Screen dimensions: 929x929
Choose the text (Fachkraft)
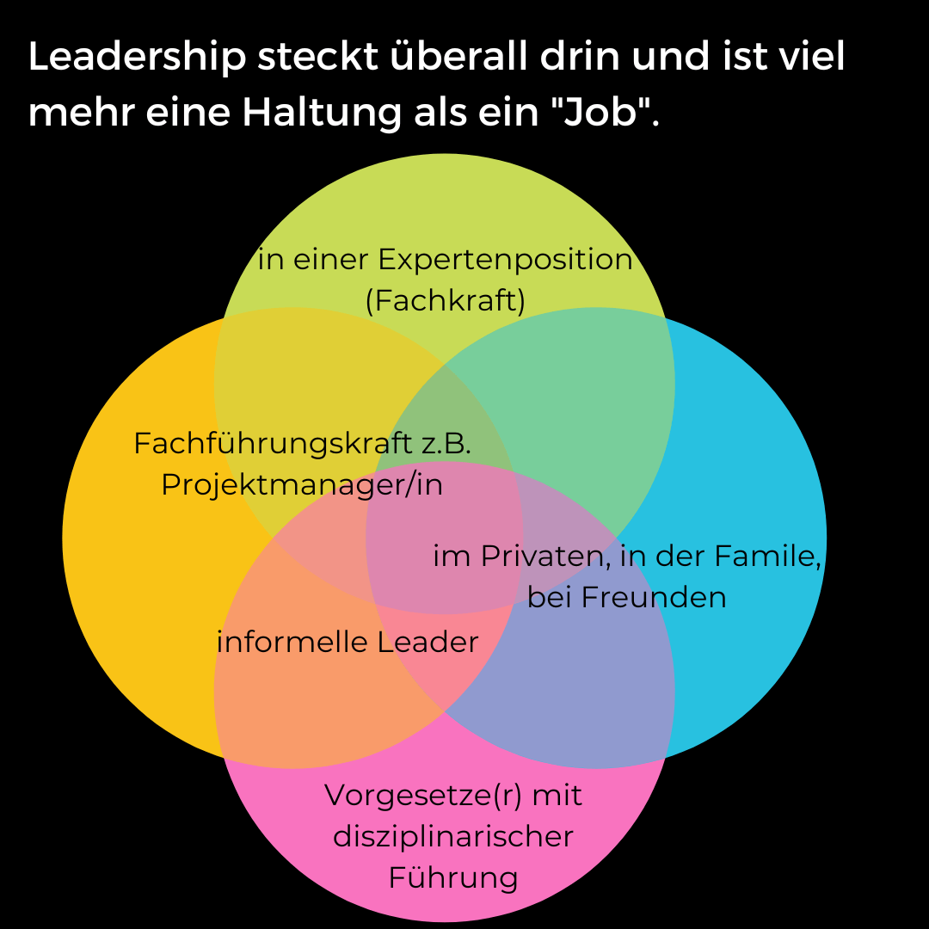point(445,301)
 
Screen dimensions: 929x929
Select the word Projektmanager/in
point(302,485)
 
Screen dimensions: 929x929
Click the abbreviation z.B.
point(446,444)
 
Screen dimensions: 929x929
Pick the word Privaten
point(540,557)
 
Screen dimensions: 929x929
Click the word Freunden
point(654,597)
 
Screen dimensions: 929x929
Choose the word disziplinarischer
point(453,836)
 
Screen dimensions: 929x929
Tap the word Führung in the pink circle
point(453,878)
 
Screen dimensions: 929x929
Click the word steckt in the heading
point(303,57)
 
